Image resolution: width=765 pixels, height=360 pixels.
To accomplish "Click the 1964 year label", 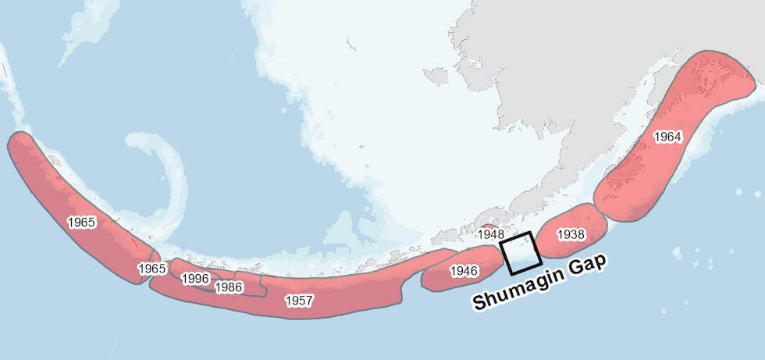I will (x=667, y=137).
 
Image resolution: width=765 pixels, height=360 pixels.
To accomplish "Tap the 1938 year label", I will (x=571, y=233).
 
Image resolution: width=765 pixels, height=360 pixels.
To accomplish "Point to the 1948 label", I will (x=491, y=233).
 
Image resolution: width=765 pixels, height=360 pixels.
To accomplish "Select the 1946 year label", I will (x=464, y=271).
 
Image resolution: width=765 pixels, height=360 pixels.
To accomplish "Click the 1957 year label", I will (x=299, y=300).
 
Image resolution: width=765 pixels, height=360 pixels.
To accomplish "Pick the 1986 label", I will (x=229, y=287).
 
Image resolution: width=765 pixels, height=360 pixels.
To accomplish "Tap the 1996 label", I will (x=194, y=278).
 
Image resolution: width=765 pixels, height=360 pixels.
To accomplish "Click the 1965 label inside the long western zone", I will (x=81, y=222).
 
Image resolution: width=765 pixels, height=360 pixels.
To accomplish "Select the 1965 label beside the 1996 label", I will (x=151, y=269).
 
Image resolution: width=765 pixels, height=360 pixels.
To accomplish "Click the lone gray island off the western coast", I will (x=436, y=76).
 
